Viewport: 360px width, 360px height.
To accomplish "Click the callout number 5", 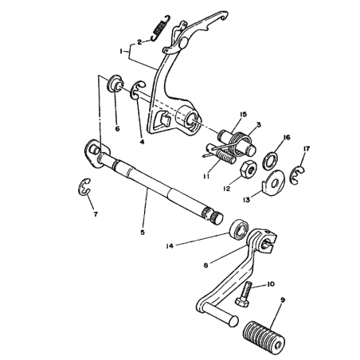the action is (x=143, y=232).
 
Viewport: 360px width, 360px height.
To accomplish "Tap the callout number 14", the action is (x=170, y=246).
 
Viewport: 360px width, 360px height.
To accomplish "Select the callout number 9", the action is (x=283, y=299).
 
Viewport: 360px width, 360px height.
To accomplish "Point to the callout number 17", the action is (x=307, y=149).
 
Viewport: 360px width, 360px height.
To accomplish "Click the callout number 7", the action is (x=96, y=213).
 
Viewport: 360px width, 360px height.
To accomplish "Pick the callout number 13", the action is (x=247, y=199).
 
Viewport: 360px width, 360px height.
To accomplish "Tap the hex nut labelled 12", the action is (x=248, y=169).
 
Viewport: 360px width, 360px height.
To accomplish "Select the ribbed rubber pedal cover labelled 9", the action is (x=264, y=338).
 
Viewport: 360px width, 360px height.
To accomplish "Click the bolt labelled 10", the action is (x=244, y=294).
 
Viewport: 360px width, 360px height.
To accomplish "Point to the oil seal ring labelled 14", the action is (x=239, y=229).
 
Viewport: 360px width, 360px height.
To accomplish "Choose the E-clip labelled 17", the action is (x=298, y=174).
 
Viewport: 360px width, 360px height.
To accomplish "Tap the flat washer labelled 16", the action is (x=270, y=161).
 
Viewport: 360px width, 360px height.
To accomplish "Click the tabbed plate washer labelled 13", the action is (x=273, y=182).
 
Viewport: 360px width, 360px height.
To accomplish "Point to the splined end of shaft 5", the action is (x=213, y=215).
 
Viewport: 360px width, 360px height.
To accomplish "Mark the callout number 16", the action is (x=287, y=138).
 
